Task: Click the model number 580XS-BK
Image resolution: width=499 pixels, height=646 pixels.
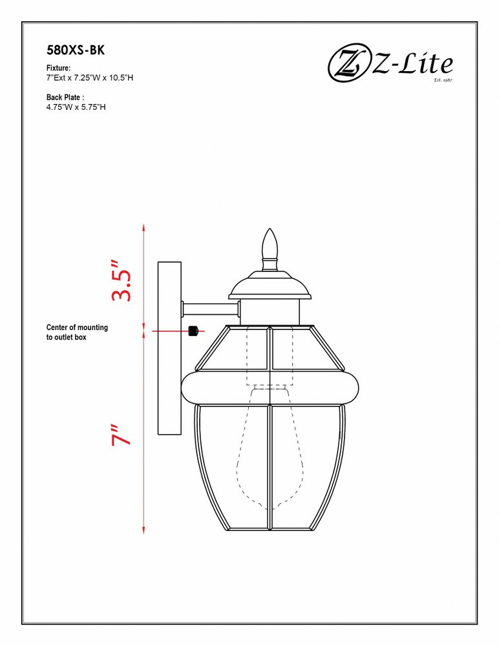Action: click(76, 50)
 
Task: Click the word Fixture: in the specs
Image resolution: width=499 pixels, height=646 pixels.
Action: click(58, 68)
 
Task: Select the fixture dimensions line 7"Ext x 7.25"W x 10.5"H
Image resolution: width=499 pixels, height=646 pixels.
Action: click(89, 78)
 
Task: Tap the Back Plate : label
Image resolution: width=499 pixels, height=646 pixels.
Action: click(65, 98)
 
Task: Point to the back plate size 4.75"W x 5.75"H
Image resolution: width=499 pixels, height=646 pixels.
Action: click(76, 107)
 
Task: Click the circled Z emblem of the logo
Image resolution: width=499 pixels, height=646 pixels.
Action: click(348, 65)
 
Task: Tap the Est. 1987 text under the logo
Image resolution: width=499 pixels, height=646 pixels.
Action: click(443, 79)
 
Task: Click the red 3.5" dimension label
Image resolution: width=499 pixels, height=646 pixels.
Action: click(121, 280)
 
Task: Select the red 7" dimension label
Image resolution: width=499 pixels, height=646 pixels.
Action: click(121, 435)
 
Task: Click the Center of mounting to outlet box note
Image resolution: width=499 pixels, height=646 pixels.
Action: click(77, 332)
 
